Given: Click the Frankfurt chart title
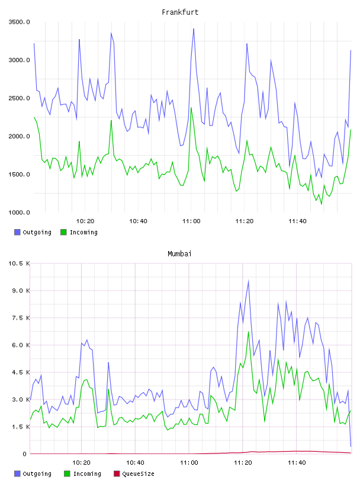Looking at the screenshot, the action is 180,12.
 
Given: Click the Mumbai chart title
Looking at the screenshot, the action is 179,254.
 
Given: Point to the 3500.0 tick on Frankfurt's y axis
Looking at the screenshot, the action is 19,22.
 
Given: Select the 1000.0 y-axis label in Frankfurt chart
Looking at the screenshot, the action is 19,212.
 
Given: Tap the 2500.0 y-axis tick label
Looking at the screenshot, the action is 19,98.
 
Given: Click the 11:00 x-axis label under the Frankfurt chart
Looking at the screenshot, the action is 191,221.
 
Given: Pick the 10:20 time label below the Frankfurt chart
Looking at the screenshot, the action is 85,221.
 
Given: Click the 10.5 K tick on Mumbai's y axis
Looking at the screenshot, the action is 19,263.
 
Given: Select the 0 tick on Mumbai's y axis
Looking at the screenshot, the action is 25,454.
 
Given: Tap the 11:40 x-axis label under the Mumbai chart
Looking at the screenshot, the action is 297,463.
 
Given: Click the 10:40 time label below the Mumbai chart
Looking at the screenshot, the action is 136,463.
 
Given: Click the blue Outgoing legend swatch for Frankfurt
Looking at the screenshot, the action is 17,232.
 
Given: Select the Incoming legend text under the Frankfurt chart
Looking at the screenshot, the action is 83,233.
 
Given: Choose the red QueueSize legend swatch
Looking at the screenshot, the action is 117,474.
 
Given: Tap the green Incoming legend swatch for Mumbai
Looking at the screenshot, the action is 67,474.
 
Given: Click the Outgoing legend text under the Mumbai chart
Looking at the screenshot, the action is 37,474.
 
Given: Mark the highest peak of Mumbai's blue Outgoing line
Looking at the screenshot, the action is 249,281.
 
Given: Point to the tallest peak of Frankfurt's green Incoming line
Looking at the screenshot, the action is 191,108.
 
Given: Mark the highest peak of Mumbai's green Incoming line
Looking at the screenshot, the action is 249,331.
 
